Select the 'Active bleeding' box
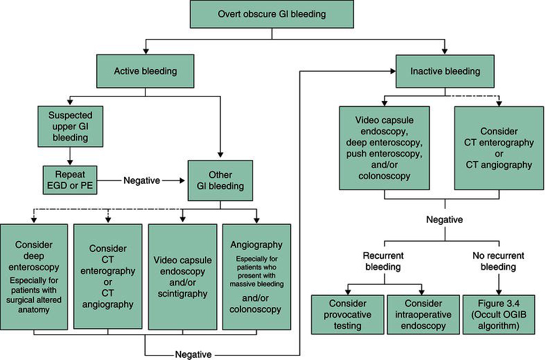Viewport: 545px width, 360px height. (x=146, y=72)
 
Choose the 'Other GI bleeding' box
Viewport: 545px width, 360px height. (x=220, y=180)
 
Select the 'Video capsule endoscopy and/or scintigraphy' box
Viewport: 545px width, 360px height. (x=183, y=276)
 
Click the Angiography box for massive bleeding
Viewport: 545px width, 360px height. (x=256, y=276)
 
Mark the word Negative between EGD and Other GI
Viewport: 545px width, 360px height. (x=144, y=180)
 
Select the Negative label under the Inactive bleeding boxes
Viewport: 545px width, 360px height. (x=443, y=219)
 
